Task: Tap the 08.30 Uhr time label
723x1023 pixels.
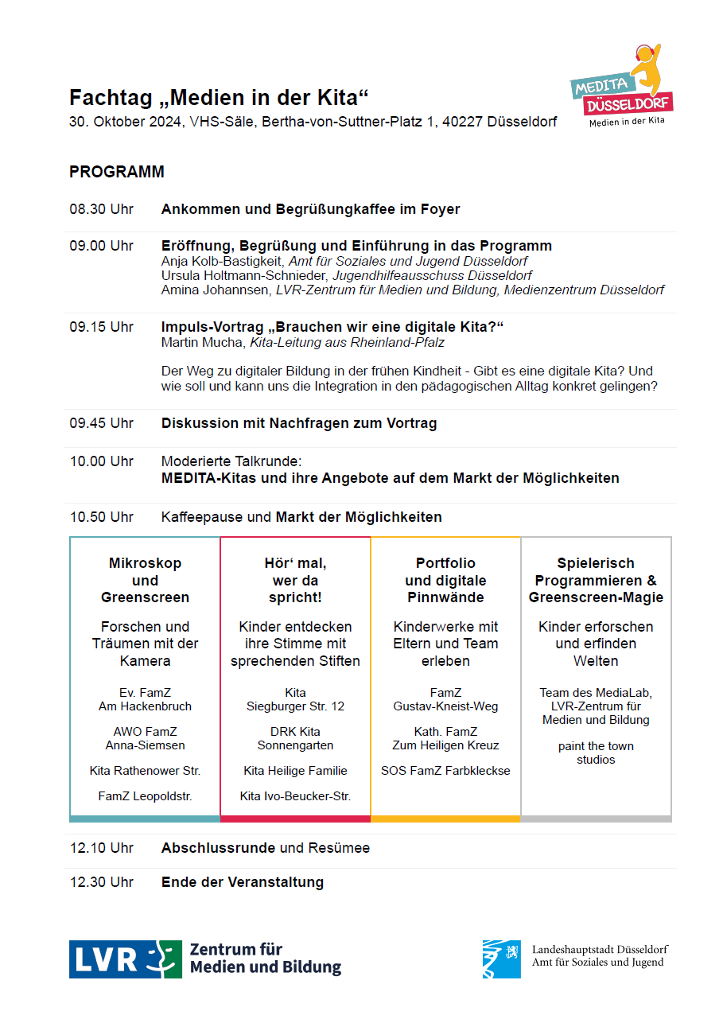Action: click(101, 209)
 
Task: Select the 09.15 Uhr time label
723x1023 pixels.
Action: click(101, 327)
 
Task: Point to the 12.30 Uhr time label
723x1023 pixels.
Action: click(101, 881)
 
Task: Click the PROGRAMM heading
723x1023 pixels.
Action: click(117, 172)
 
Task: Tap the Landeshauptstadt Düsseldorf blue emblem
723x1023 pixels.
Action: click(501, 959)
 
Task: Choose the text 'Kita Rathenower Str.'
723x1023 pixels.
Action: click(145, 770)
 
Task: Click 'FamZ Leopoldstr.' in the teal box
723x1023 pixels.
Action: click(145, 795)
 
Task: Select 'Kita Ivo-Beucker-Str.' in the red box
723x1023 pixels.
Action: click(295, 795)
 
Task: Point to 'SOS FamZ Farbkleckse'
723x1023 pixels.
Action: click(445, 770)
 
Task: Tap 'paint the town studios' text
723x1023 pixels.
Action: click(596, 753)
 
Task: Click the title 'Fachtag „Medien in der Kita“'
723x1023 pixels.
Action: click(219, 98)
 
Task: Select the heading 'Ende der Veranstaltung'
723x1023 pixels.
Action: click(243, 881)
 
